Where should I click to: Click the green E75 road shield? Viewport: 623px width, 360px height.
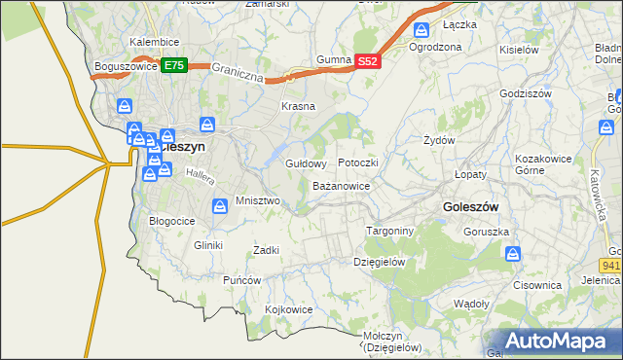click(173, 66)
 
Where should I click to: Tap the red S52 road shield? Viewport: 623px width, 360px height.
click(367, 60)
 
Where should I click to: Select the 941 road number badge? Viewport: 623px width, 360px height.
click(611, 264)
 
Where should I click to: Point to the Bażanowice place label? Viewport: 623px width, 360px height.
click(341, 185)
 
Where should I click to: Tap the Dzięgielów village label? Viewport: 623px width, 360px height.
click(379, 262)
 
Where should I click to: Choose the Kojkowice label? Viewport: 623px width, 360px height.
click(288, 309)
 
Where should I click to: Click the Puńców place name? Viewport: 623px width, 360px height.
click(242, 280)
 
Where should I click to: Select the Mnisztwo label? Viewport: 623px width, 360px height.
click(258, 201)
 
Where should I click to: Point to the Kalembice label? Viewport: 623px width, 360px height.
click(154, 43)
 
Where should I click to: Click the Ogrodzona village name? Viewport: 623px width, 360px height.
click(435, 47)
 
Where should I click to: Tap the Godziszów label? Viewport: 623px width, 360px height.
click(525, 93)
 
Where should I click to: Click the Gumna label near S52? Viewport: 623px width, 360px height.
click(333, 60)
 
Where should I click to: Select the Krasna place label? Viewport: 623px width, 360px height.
click(298, 106)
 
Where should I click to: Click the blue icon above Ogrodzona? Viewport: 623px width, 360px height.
click(421, 30)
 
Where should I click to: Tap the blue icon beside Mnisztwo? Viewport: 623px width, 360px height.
click(221, 205)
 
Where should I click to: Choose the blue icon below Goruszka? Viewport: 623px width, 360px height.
click(513, 254)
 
